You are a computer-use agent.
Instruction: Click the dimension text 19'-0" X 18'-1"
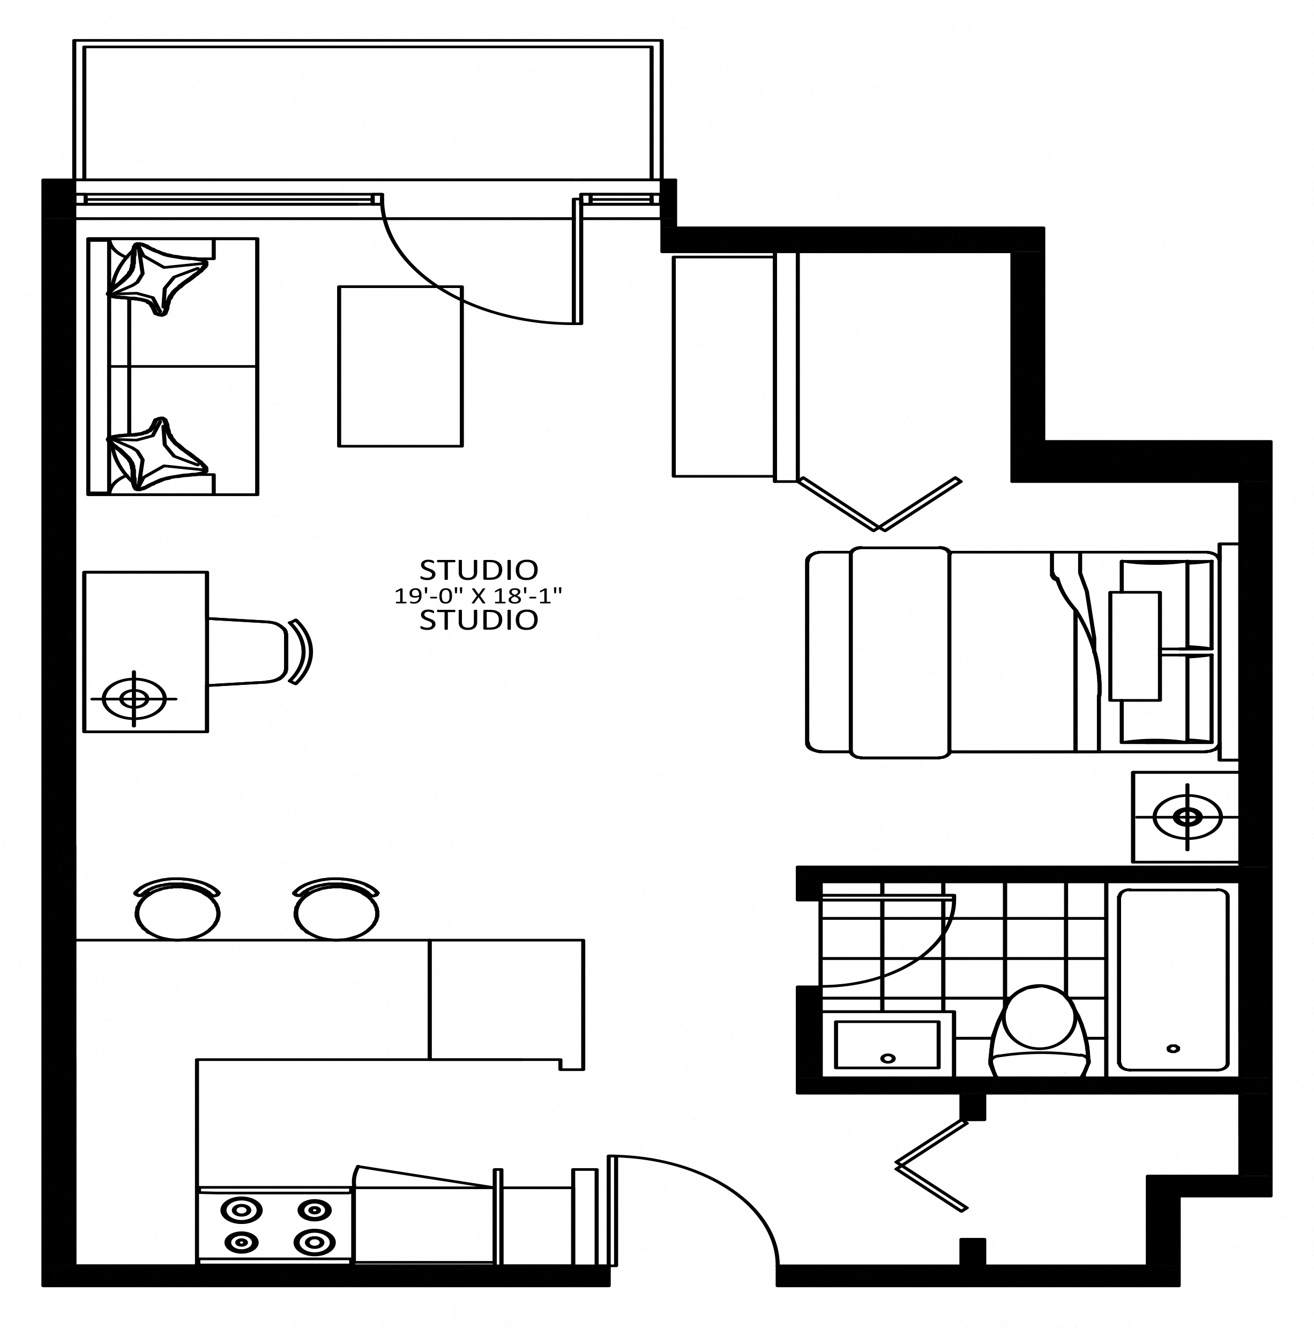(478, 595)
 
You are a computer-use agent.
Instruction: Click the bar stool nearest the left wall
(178, 908)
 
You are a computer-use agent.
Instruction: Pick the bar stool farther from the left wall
(337, 908)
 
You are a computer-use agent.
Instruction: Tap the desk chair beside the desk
(260, 652)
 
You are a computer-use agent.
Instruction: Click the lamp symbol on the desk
(134, 698)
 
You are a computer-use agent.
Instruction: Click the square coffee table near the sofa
(400, 366)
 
